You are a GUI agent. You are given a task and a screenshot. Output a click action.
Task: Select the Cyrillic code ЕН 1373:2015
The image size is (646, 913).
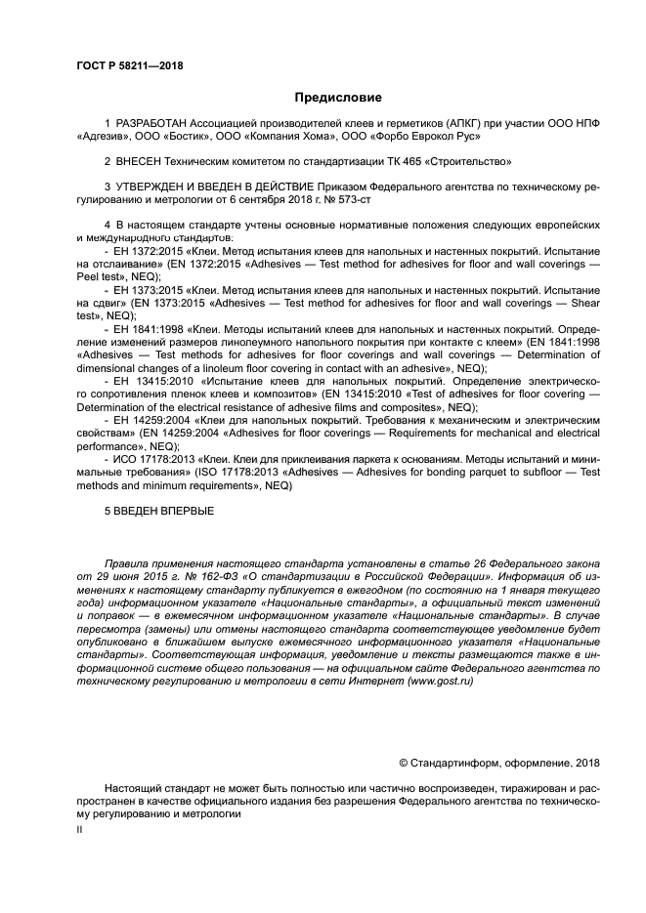142,290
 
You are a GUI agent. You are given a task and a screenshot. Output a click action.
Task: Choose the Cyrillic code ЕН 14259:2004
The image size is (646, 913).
145,418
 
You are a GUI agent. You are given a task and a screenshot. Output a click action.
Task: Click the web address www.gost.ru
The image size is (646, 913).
435,681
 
